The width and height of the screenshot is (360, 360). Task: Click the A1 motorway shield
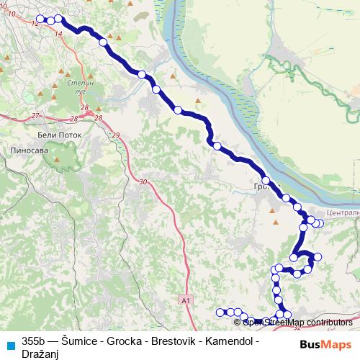coord(186,299)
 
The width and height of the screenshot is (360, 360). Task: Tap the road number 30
coord(143,181)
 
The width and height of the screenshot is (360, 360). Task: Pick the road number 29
coord(116,135)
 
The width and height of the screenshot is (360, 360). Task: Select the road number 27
coord(35,114)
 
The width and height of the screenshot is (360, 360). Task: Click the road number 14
coord(58,33)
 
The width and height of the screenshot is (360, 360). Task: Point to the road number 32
coord(297,328)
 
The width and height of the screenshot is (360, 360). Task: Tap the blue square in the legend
coord(10,343)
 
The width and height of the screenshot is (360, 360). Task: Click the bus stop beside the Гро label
coord(266,181)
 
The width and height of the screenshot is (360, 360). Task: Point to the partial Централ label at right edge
coord(341,213)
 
